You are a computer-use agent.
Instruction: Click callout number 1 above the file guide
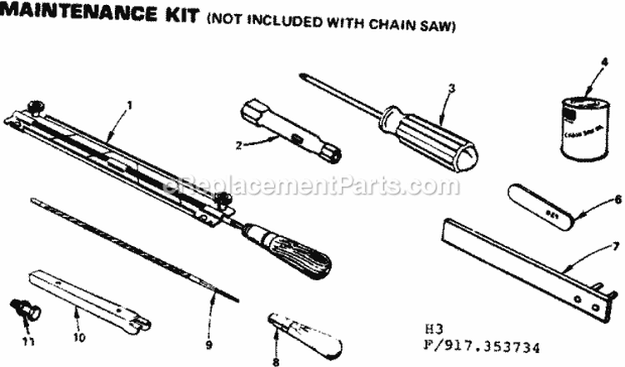129,106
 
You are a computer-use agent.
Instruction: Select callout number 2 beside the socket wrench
238,144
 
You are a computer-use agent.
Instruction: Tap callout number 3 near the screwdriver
451,87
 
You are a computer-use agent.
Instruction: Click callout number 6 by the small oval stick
617,199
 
